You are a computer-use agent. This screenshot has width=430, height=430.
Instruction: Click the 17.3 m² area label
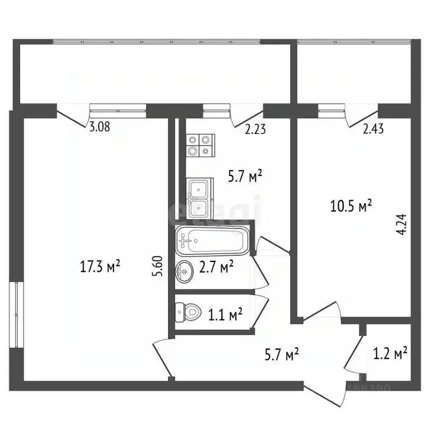[101, 267]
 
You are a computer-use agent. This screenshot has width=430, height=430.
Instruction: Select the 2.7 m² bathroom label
[216, 267]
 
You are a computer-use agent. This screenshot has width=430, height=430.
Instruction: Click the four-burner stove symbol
[200, 145]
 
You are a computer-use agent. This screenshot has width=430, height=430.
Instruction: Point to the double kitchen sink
[199, 198]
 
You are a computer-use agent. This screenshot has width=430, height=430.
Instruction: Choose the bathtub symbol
[211, 241]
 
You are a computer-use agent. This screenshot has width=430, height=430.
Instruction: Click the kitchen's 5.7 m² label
[245, 177]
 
